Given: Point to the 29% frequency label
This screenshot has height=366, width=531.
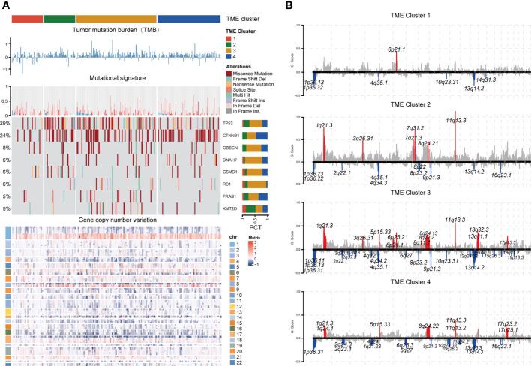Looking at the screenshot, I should [5, 122].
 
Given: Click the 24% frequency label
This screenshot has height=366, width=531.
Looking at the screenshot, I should [5, 135].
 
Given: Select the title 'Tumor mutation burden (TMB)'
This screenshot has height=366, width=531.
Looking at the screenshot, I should [115, 29].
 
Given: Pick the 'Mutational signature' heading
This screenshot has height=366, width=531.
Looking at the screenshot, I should [115, 76].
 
